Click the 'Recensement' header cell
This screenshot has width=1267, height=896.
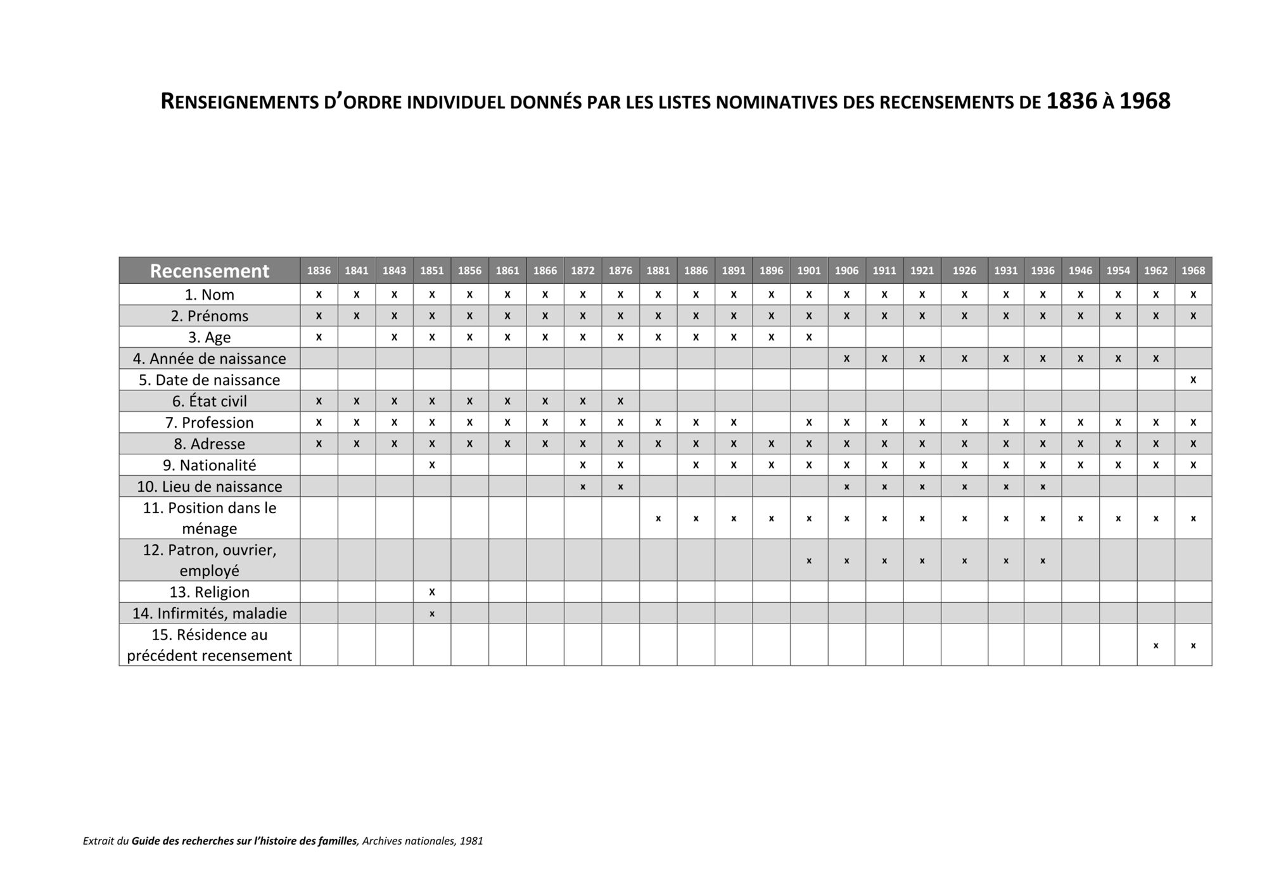[x=209, y=271]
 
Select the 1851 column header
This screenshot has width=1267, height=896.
[x=432, y=271]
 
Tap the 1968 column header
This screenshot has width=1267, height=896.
[x=1193, y=271]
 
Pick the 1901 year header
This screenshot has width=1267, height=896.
[x=809, y=271]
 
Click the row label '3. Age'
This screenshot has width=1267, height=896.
[x=209, y=337]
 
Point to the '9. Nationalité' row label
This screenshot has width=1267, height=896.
[x=209, y=465]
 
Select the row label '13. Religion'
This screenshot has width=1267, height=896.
[x=209, y=592]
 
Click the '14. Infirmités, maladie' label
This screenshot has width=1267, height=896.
[x=209, y=613]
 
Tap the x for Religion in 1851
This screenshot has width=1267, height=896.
[x=432, y=592]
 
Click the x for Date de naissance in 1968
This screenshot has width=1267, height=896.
[x=1193, y=380]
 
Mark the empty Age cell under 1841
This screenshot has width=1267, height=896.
[x=357, y=337]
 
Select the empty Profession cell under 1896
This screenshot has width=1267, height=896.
[x=771, y=422]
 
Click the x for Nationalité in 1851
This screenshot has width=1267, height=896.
[x=432, y=464]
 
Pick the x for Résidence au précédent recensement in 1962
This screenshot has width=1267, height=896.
[x=1156, y=646]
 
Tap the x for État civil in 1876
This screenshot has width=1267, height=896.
[x=620, y=400]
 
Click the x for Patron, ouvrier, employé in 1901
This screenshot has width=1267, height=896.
[x=809, y=561]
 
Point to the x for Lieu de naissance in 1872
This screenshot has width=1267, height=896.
[x=583, y=487]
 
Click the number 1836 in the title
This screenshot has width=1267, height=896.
[x=1071, y=101]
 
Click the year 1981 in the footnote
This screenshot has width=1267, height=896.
[x=471, y=842]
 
